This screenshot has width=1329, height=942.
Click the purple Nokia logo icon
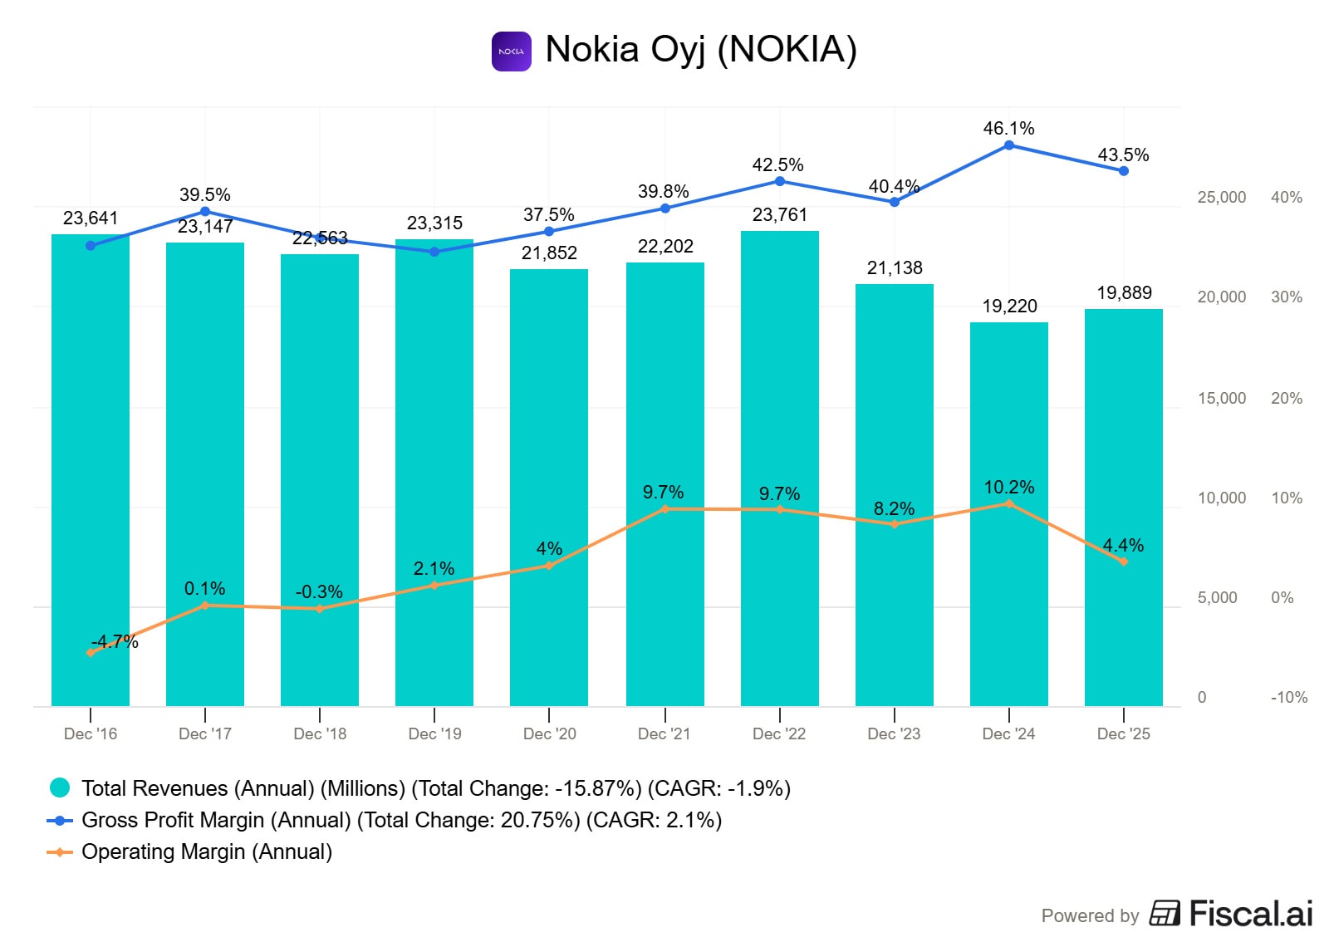point(511,51)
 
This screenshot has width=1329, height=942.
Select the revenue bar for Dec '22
point(779,468)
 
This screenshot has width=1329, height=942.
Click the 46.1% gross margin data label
point(1008,128)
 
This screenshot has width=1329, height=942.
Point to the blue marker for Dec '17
point(204,211)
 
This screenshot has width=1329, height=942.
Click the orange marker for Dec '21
point(664,508)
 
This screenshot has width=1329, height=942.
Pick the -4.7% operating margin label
point(115,641)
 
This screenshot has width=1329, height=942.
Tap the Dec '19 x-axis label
point(434,733)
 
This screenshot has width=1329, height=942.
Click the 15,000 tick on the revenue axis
point(1221,398)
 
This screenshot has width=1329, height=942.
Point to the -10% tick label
point(1288,697)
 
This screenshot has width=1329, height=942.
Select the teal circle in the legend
point(59,787)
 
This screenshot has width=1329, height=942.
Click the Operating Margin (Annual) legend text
point(207,851)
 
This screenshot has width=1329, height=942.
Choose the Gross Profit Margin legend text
point(401,820)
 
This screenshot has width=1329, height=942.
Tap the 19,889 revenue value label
point(1124,292)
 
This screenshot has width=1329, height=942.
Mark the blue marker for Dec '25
point(1123,171)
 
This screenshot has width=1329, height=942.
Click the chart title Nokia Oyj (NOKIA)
point(701,50)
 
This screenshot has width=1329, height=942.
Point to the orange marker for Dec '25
point(1123,562)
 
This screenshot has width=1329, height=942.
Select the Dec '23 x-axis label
point(894,733)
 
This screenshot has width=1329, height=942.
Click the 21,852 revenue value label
point(549,253)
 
